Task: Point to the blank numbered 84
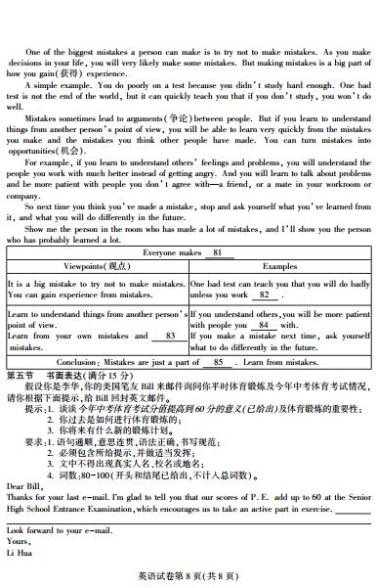pyautogui.click(x=261, y=325)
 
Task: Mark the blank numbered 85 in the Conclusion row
pyautogui.click(x=217, y=360)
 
